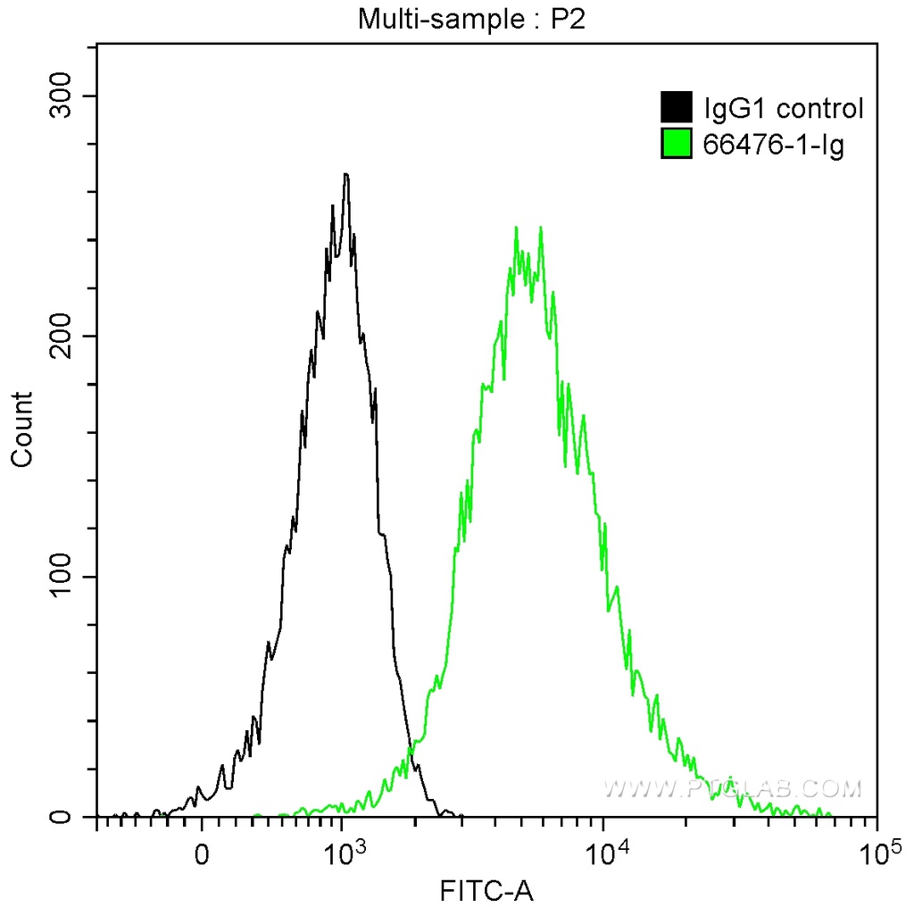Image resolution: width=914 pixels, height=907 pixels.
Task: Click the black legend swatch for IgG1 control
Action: click(x=677, y=108)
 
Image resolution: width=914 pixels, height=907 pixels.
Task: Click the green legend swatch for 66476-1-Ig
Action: click(x=677, y=143)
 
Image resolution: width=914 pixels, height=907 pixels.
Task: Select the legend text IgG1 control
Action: click(x=784, y=109)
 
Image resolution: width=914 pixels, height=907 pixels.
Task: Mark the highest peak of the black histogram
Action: click(x=345, y=175)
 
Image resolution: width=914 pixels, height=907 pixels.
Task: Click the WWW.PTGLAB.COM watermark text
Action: click(x=732, y=788)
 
